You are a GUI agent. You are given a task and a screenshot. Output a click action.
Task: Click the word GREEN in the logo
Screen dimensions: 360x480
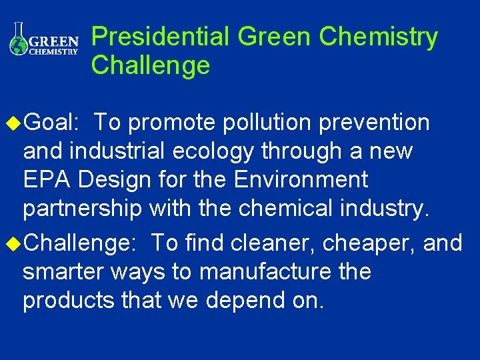(x=56, y=39)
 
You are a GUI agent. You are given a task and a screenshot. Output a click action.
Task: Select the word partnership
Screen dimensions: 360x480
(x=82, y=209)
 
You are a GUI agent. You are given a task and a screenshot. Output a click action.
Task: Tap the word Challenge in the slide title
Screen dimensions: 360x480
(x=151, y=66)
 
